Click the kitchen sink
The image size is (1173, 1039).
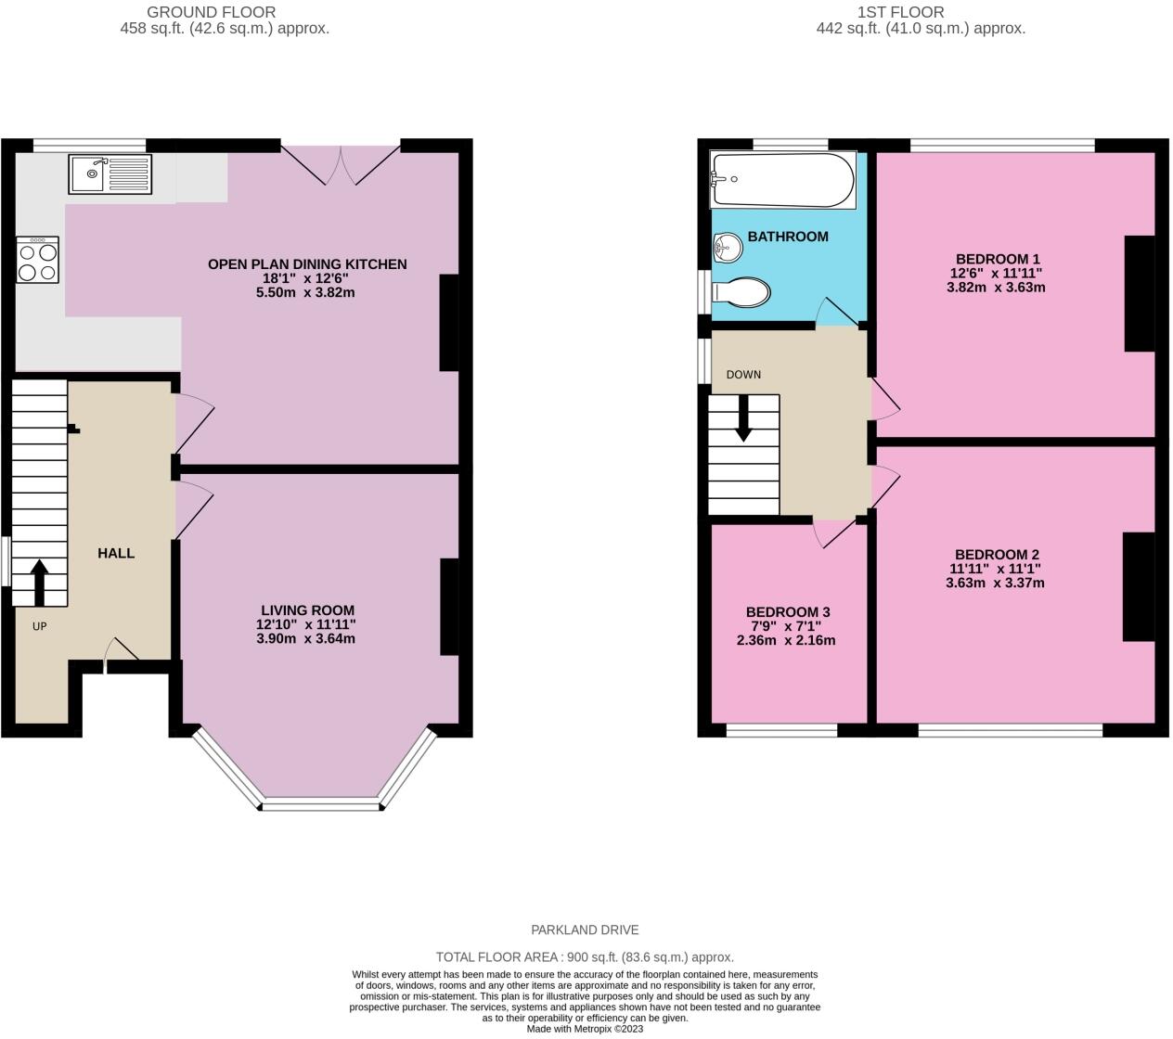click(110, 173)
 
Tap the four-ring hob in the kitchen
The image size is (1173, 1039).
click(37, 260)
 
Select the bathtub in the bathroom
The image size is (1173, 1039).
click(782, 180)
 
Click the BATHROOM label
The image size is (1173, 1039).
click(788, 237)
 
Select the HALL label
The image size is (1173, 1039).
click(116, 553)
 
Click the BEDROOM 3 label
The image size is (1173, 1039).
click(788, 612)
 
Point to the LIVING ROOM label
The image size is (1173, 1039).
click(307, 610)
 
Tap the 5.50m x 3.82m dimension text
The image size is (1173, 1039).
click(305, 292)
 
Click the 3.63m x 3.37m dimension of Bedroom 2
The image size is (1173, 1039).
click(995, 584)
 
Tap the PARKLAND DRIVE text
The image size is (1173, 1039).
click(585, 930)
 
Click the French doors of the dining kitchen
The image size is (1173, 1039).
click(342, 162)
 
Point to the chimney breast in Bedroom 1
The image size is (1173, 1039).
click(1140, 294)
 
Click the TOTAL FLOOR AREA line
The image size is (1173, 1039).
click(585, 957)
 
